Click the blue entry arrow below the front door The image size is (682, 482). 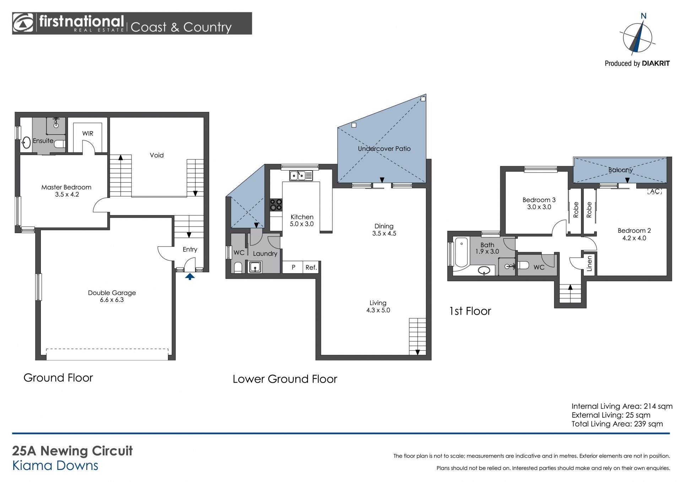point(190,276)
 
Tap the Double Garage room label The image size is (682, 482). point(112,296)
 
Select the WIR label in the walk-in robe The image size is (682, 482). point(88,134)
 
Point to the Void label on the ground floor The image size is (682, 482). point(157,155)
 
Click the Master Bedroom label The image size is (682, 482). point(66,191)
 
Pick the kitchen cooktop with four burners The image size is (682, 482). point(276,205)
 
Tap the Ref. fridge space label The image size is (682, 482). point(311,267)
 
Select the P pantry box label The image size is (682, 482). point(293,267)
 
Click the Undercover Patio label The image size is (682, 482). point(384,149)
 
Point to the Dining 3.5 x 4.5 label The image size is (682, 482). point(384,230)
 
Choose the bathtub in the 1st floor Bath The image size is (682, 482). point(461,252)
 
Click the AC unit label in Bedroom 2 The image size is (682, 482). point(655,191)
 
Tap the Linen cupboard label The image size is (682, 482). point(589,264)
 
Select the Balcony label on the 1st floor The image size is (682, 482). point(621,170)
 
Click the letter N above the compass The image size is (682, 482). point(643,16)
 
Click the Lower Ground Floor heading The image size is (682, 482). point(285,379)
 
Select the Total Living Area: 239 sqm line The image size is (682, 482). point(617,424)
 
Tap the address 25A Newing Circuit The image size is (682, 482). point(72,451)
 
